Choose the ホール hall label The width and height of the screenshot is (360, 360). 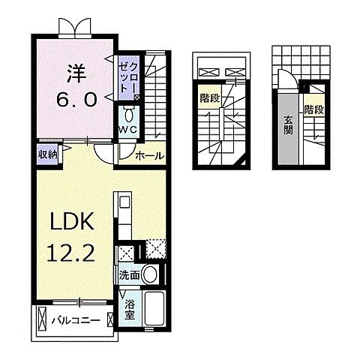tap(151, 156)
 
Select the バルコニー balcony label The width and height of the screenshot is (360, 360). tap(74, 321)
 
